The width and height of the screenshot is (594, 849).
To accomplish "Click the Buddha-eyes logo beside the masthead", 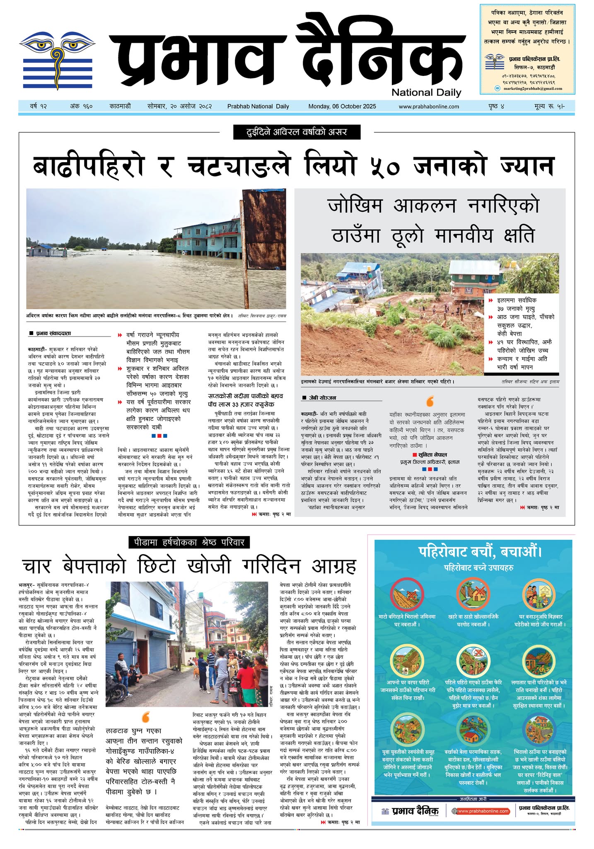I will coord(57,60).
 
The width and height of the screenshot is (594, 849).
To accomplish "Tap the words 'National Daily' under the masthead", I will coord(426,92).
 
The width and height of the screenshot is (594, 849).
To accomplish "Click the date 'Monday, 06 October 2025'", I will coord(342,107).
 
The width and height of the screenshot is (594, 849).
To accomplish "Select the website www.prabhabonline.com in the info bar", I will coord(429,107).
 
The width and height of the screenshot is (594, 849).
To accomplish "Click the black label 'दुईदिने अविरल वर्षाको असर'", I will coord(297,132).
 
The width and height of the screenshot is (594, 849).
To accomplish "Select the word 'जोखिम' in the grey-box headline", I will coord(356,206).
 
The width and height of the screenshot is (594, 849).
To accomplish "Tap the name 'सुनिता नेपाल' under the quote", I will coord(432,455).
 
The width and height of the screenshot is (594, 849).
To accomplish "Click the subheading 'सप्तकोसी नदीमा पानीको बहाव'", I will coord(245,396).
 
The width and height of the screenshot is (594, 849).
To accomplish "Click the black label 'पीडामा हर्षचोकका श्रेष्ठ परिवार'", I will coord(189,542).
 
